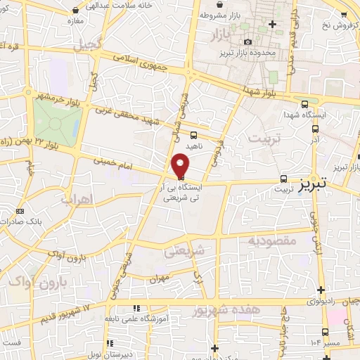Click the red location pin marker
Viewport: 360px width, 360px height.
point(181,165)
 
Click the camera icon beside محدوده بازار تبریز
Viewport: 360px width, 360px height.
point(247,41)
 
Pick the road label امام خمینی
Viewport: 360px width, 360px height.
point(112,164)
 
